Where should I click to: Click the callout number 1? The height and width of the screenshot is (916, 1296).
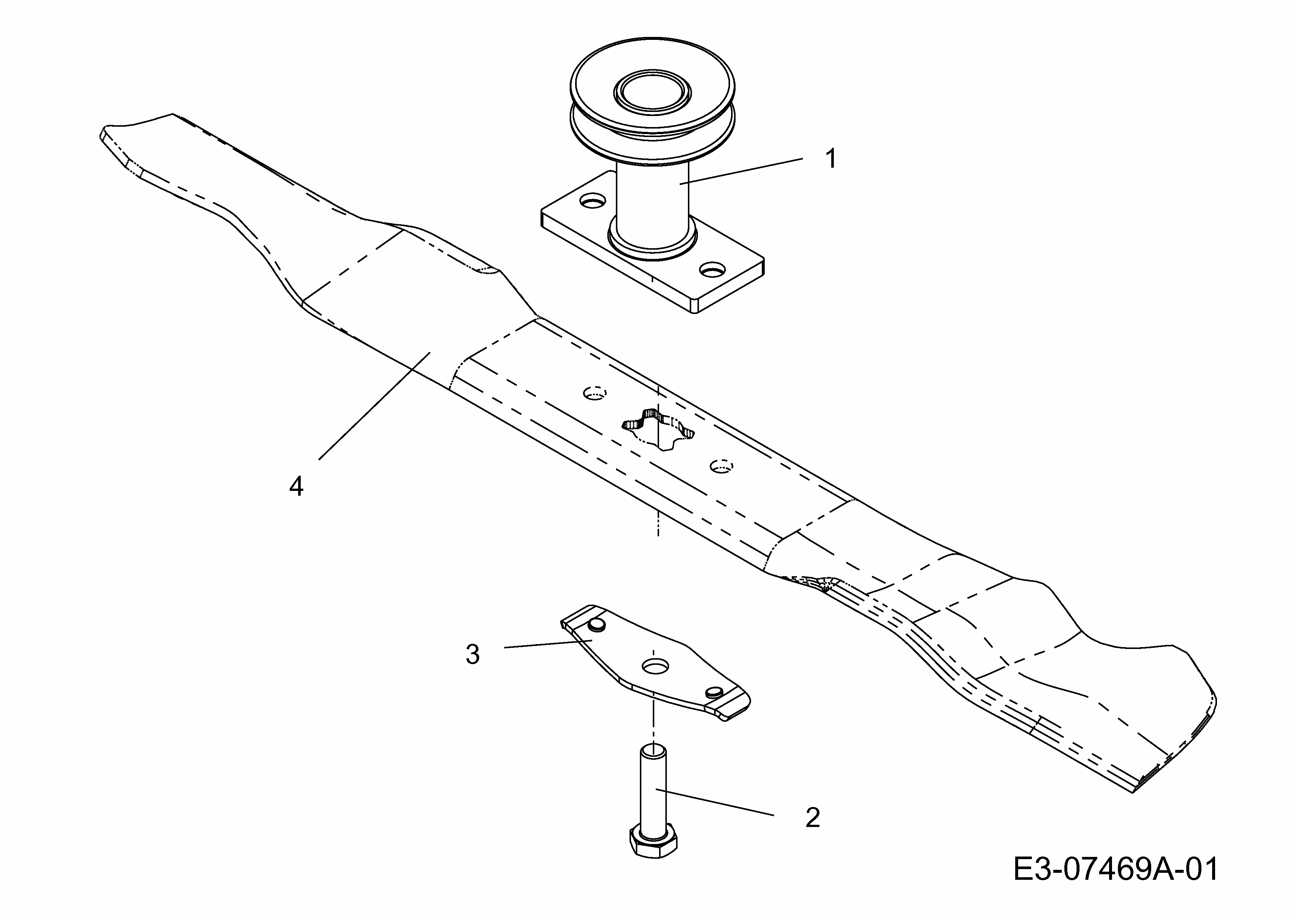(831, 159)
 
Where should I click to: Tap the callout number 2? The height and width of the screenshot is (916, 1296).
(812, 818)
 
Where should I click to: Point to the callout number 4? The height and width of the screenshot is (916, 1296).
(296, 485)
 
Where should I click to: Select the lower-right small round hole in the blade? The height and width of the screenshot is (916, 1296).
(722, 466)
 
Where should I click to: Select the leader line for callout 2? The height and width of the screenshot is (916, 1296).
(717, 802)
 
